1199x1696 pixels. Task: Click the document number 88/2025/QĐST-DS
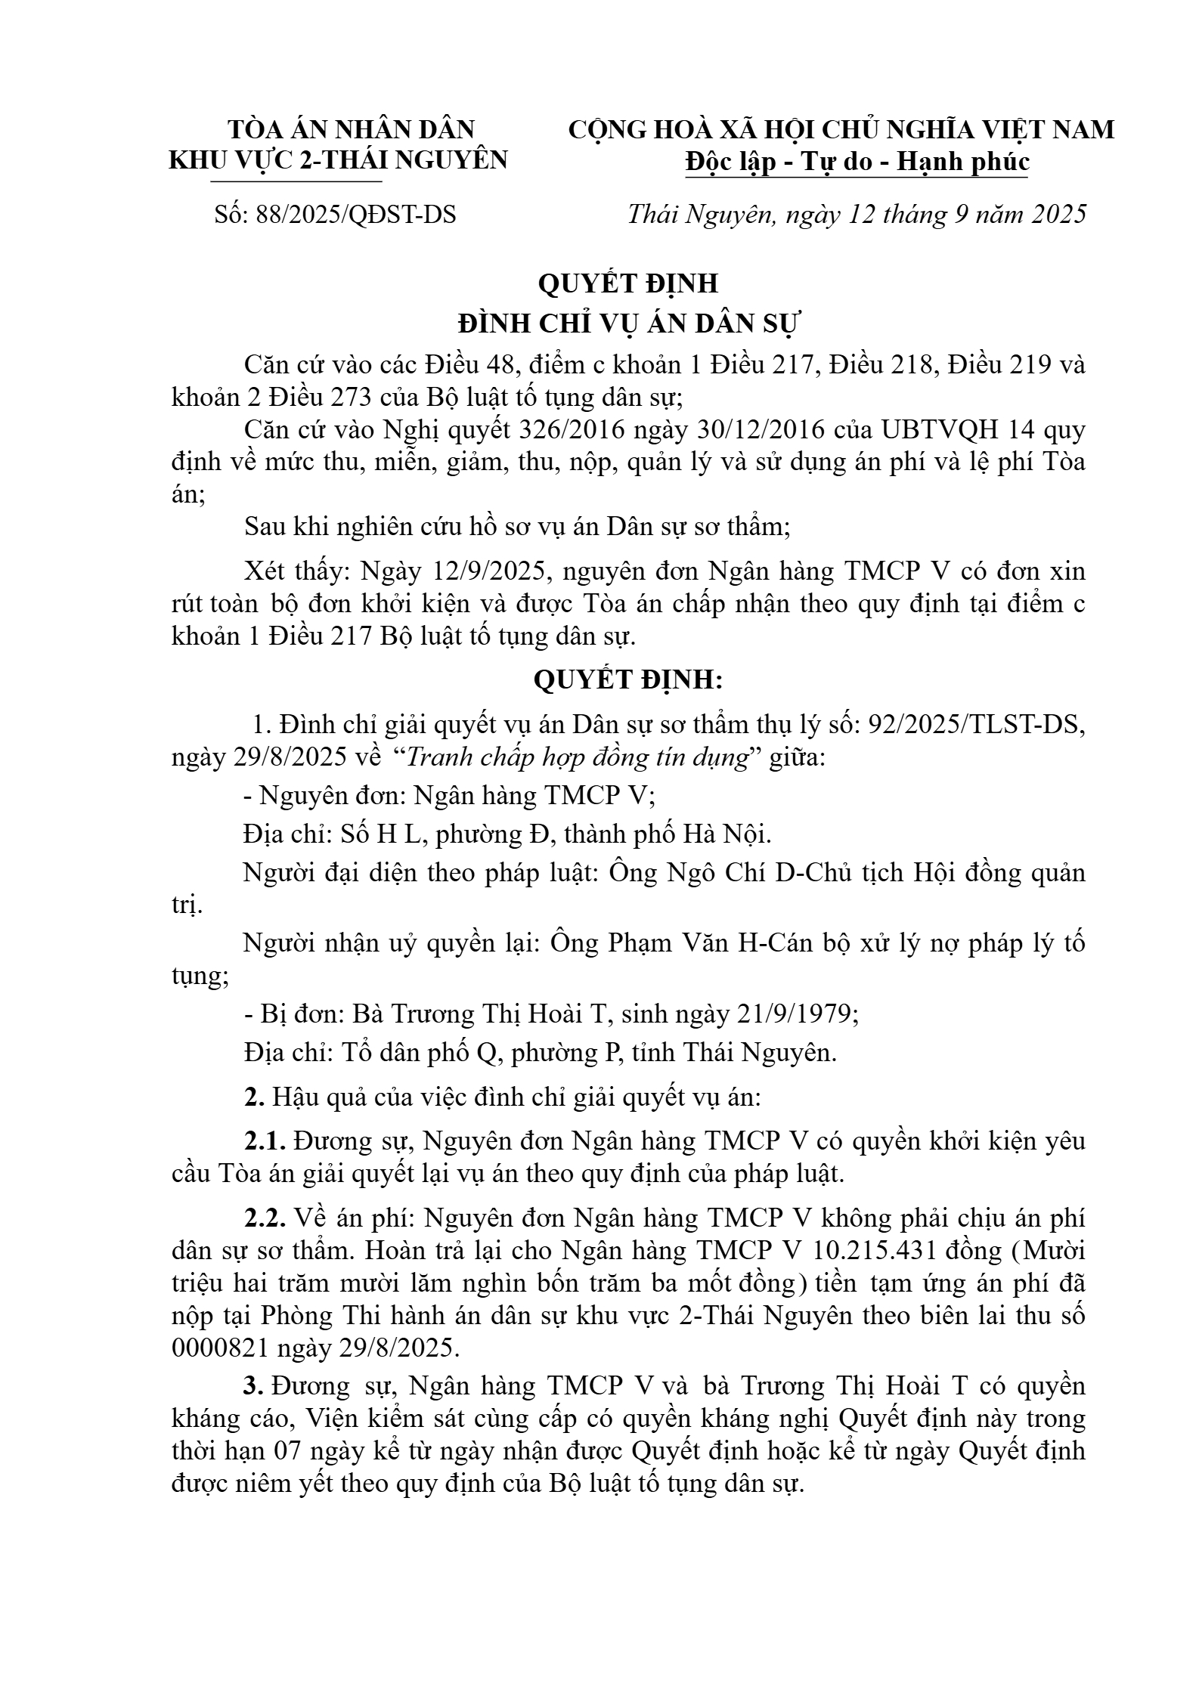tap(356, 215)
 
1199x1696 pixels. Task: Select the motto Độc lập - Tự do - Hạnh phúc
tap(857, 162)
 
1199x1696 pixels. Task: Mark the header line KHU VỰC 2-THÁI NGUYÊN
tap(338, 160)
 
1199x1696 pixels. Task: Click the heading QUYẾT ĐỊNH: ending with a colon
tap(628, 679)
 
